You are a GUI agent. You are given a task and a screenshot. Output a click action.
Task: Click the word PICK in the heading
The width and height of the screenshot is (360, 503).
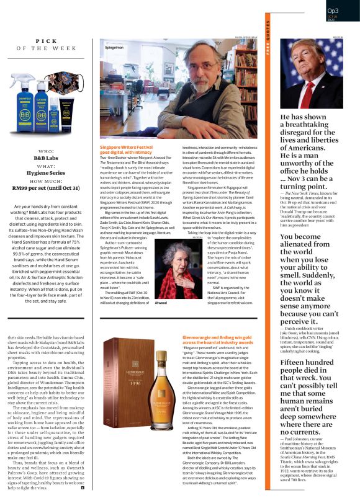(x=47, y=40)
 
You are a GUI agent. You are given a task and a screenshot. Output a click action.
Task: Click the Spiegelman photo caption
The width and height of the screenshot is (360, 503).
(x=114, y=47)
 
